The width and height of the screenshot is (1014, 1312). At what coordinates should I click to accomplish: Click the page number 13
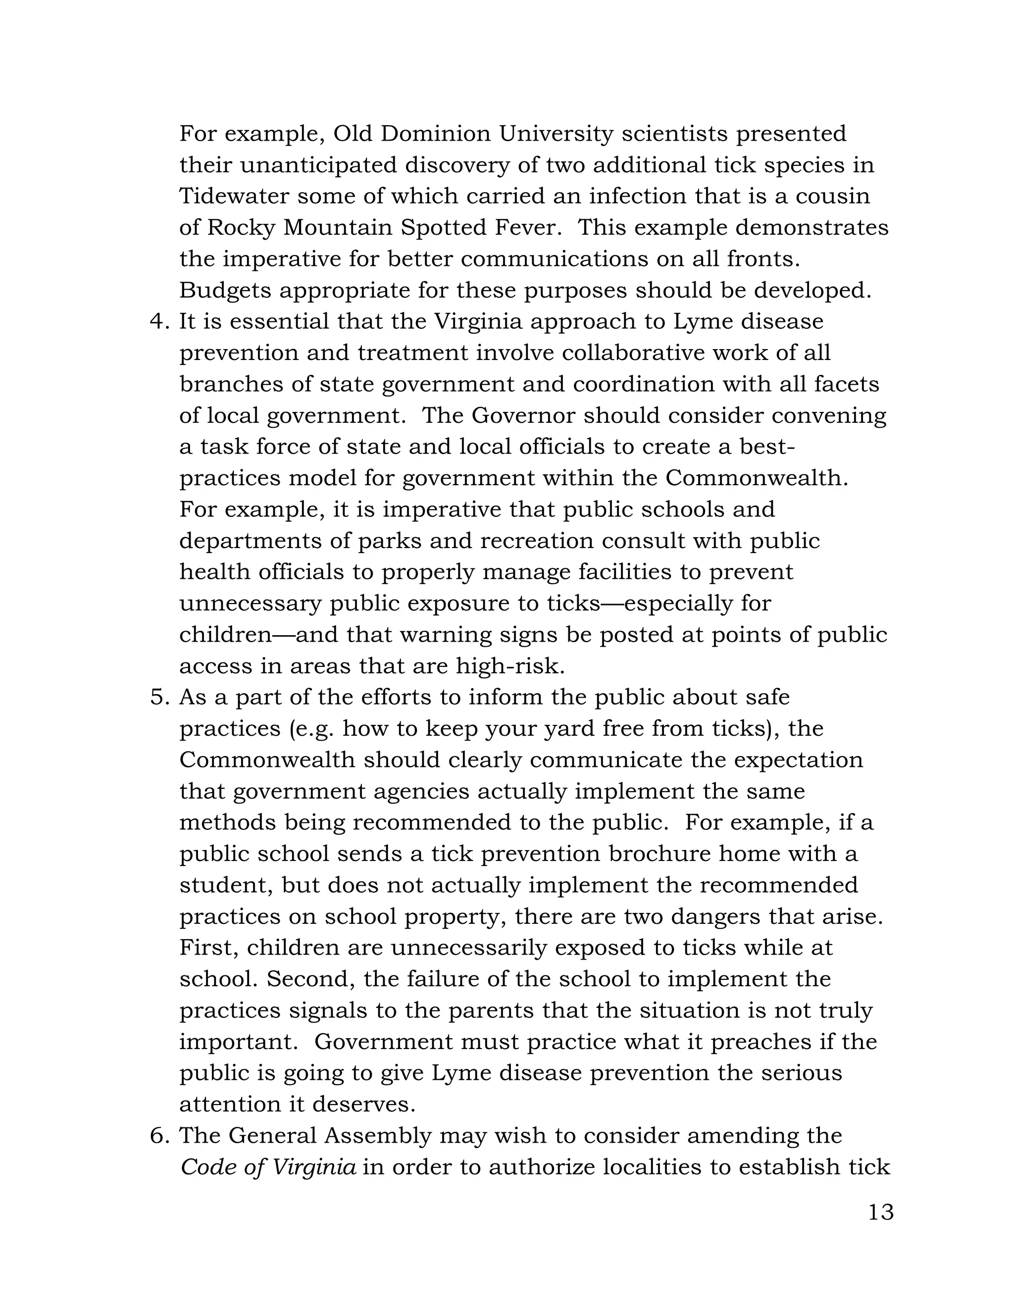point(881,1212)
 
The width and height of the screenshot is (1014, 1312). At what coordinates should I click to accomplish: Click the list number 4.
point(158,321)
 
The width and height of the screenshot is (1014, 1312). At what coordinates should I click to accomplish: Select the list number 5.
point(158,698)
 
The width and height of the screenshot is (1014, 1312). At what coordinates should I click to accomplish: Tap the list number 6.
point(158,1136)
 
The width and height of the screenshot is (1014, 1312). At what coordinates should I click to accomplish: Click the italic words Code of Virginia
point(268,1167)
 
